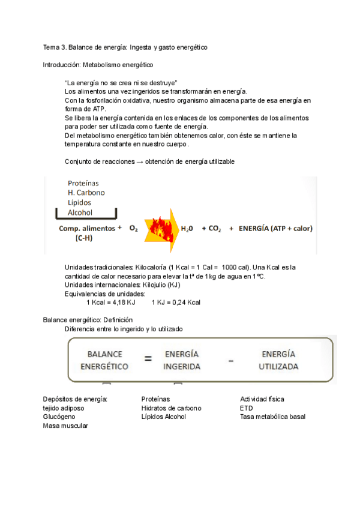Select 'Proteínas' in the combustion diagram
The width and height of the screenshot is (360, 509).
83,183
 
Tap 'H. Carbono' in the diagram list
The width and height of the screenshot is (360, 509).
86,193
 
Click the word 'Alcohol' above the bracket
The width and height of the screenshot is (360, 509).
80,212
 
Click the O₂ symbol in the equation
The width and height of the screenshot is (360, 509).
134,229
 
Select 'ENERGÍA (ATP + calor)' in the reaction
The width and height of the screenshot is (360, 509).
275,229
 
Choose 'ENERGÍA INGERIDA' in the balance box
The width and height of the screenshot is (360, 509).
182,360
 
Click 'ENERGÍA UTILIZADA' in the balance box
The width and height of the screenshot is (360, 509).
278,360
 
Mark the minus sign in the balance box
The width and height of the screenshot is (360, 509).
231,361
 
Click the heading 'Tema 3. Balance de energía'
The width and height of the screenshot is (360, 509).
125,47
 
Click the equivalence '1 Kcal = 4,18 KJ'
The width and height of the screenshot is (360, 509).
111,302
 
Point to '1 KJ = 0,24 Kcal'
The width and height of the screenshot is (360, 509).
176,302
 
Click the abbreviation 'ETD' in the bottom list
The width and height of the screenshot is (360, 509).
246,408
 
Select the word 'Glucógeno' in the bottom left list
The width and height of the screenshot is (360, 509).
59,417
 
